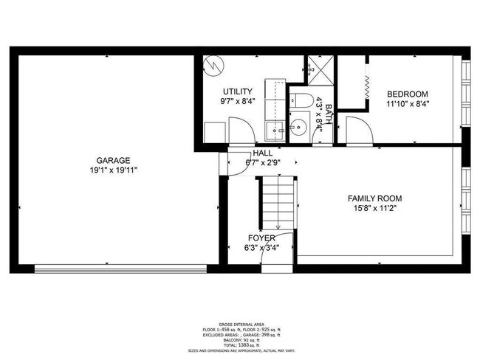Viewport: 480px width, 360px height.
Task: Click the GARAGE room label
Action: coord(112,160)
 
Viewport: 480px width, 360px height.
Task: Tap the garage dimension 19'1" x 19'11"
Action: coord(112,170)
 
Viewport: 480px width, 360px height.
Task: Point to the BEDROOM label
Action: coord(408,94)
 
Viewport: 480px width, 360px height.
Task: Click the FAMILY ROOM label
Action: coord(374,198)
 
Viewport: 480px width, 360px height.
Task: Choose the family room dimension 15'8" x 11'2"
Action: coord(374,209)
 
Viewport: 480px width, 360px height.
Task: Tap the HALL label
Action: coord(262,153)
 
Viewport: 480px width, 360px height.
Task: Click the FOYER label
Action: coord(261,238)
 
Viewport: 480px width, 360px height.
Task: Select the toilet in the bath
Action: coord(301,100)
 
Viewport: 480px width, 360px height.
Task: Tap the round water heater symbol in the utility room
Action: coord(215,65)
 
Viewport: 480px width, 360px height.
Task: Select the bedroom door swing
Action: coord(358,131)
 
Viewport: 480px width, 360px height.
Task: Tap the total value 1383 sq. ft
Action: coord(239,345)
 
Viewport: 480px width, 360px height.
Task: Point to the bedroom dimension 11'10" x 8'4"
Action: coord(408,104)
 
